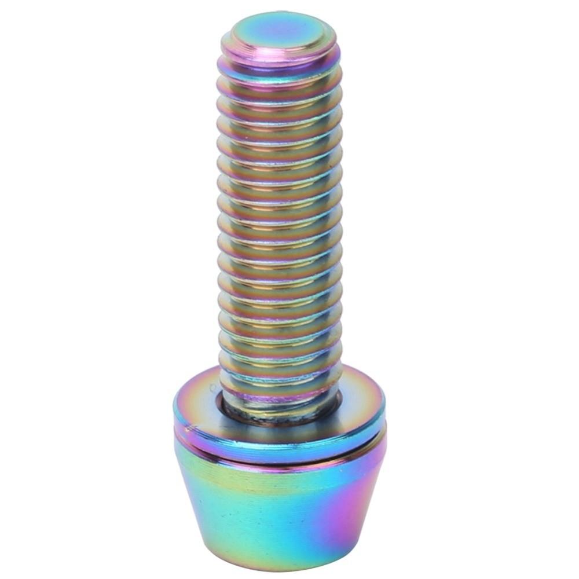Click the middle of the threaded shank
coord(280,220)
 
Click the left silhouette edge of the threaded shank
coord(219,232)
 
